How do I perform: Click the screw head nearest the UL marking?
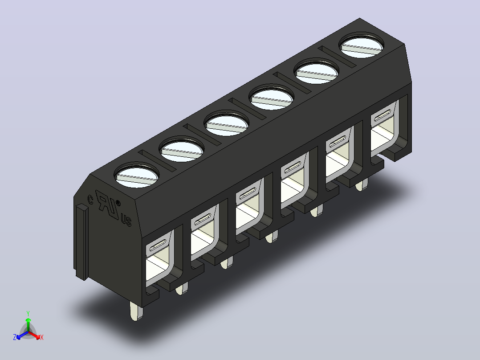point(137,176)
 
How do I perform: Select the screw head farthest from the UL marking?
point(361,46)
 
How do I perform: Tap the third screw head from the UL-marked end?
point(227,124)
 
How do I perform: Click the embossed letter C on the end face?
point(90,200)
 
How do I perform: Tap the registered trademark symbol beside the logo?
point(118,203)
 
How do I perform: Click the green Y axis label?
point(28,313)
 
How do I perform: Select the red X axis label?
point(42,337)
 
